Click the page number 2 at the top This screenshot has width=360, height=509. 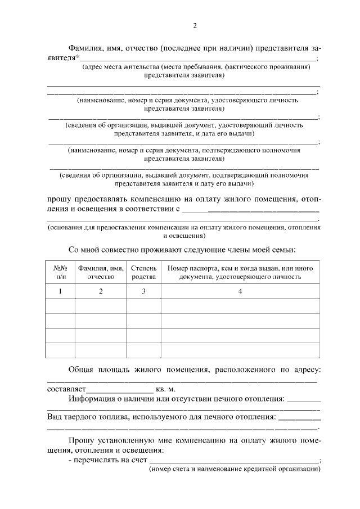(x=195, y=25)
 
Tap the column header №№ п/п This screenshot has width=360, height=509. (x=60, y=272)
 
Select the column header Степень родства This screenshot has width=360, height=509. (x=143, y=272)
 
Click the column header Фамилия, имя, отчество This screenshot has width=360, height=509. (x=101, y=272)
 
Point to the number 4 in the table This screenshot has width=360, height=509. (x=240, y=291)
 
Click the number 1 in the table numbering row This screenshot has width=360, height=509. (x=60, y=291)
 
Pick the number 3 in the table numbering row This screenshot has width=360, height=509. (x=143, y=291)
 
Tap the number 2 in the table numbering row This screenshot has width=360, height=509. (x=101, y=291)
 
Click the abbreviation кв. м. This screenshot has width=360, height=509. (x=166, y=389)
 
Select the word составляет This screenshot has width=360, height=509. (x=65, y=389)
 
